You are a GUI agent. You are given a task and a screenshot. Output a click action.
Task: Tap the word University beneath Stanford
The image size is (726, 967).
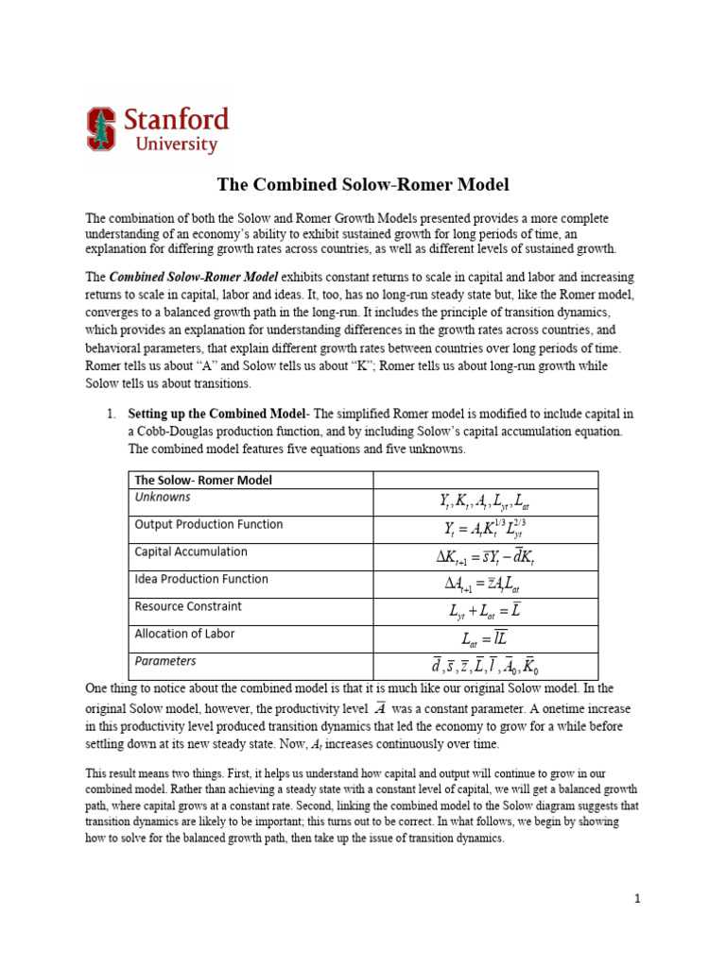[x=176, y=144]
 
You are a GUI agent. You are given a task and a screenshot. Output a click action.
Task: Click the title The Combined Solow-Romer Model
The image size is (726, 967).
[x=363, y=184]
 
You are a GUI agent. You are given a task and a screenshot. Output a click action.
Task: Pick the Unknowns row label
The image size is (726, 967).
[x=163, y=497]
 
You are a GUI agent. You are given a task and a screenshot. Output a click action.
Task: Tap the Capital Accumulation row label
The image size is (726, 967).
[x=191, y=551]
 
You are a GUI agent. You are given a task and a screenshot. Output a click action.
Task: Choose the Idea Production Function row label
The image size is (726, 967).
[x=201, y=579]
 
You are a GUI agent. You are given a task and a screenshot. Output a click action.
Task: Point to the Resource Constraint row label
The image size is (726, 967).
[x=188, y=606]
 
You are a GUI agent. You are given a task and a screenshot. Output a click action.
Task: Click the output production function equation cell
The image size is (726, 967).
[x=486, y=530]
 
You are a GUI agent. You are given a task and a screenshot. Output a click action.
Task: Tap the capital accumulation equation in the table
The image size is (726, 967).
[x=486, y=557]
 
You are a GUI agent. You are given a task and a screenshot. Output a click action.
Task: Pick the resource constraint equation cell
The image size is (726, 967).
[x=486, y=612]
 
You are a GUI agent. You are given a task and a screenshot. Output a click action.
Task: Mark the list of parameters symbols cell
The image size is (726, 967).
[x=486, y=667]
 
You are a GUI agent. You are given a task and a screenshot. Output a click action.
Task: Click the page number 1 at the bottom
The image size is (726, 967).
[x=638, y=899]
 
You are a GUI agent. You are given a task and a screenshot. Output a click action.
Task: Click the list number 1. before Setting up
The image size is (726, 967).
[x=111, y=414]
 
